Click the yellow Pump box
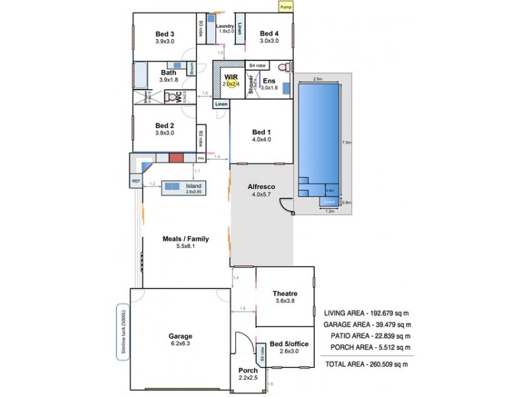tap(286, 7)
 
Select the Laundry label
tap(225, 26)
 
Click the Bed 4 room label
tap(269, 34)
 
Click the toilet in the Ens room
tap(283, 67)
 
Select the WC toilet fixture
tap(174, 97)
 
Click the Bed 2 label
tap(165, 125)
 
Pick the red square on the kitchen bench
tap(176, 158)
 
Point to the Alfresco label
tap(262, 187)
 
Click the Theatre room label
tap(285, 293)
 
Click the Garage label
tap(180, 335)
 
